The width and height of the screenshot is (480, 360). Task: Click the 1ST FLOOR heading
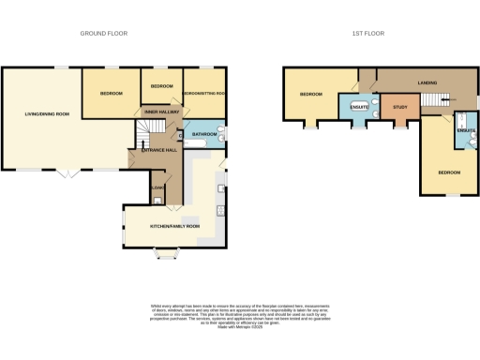coord(368,33)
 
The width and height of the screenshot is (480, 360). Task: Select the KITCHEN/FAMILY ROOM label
coord(175,226)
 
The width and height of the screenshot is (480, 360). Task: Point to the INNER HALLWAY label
coord(161,112)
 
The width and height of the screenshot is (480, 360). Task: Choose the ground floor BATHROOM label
coord(204,135)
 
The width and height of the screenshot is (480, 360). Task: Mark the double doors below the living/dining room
coord(67,173)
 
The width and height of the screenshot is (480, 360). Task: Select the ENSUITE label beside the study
coord(359,106)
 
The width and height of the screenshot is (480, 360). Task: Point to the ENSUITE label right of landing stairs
coord(466,129)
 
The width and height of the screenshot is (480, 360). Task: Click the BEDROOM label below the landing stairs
coord(448,172)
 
